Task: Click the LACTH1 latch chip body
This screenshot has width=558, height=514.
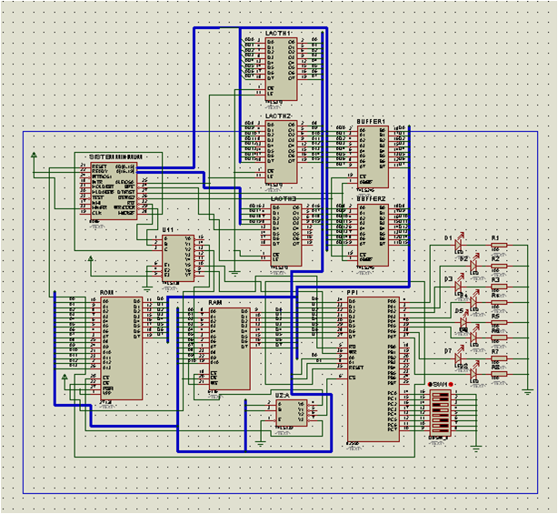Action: pyautogui.click(x=281, y=68)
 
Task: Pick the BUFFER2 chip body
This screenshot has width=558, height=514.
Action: pyautogui.click(x=372, y=233)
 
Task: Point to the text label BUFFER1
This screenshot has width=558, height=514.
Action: pyautogui.click(x=371, y=122)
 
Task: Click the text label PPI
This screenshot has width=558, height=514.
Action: pyautogui.click(x=352, y=292)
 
